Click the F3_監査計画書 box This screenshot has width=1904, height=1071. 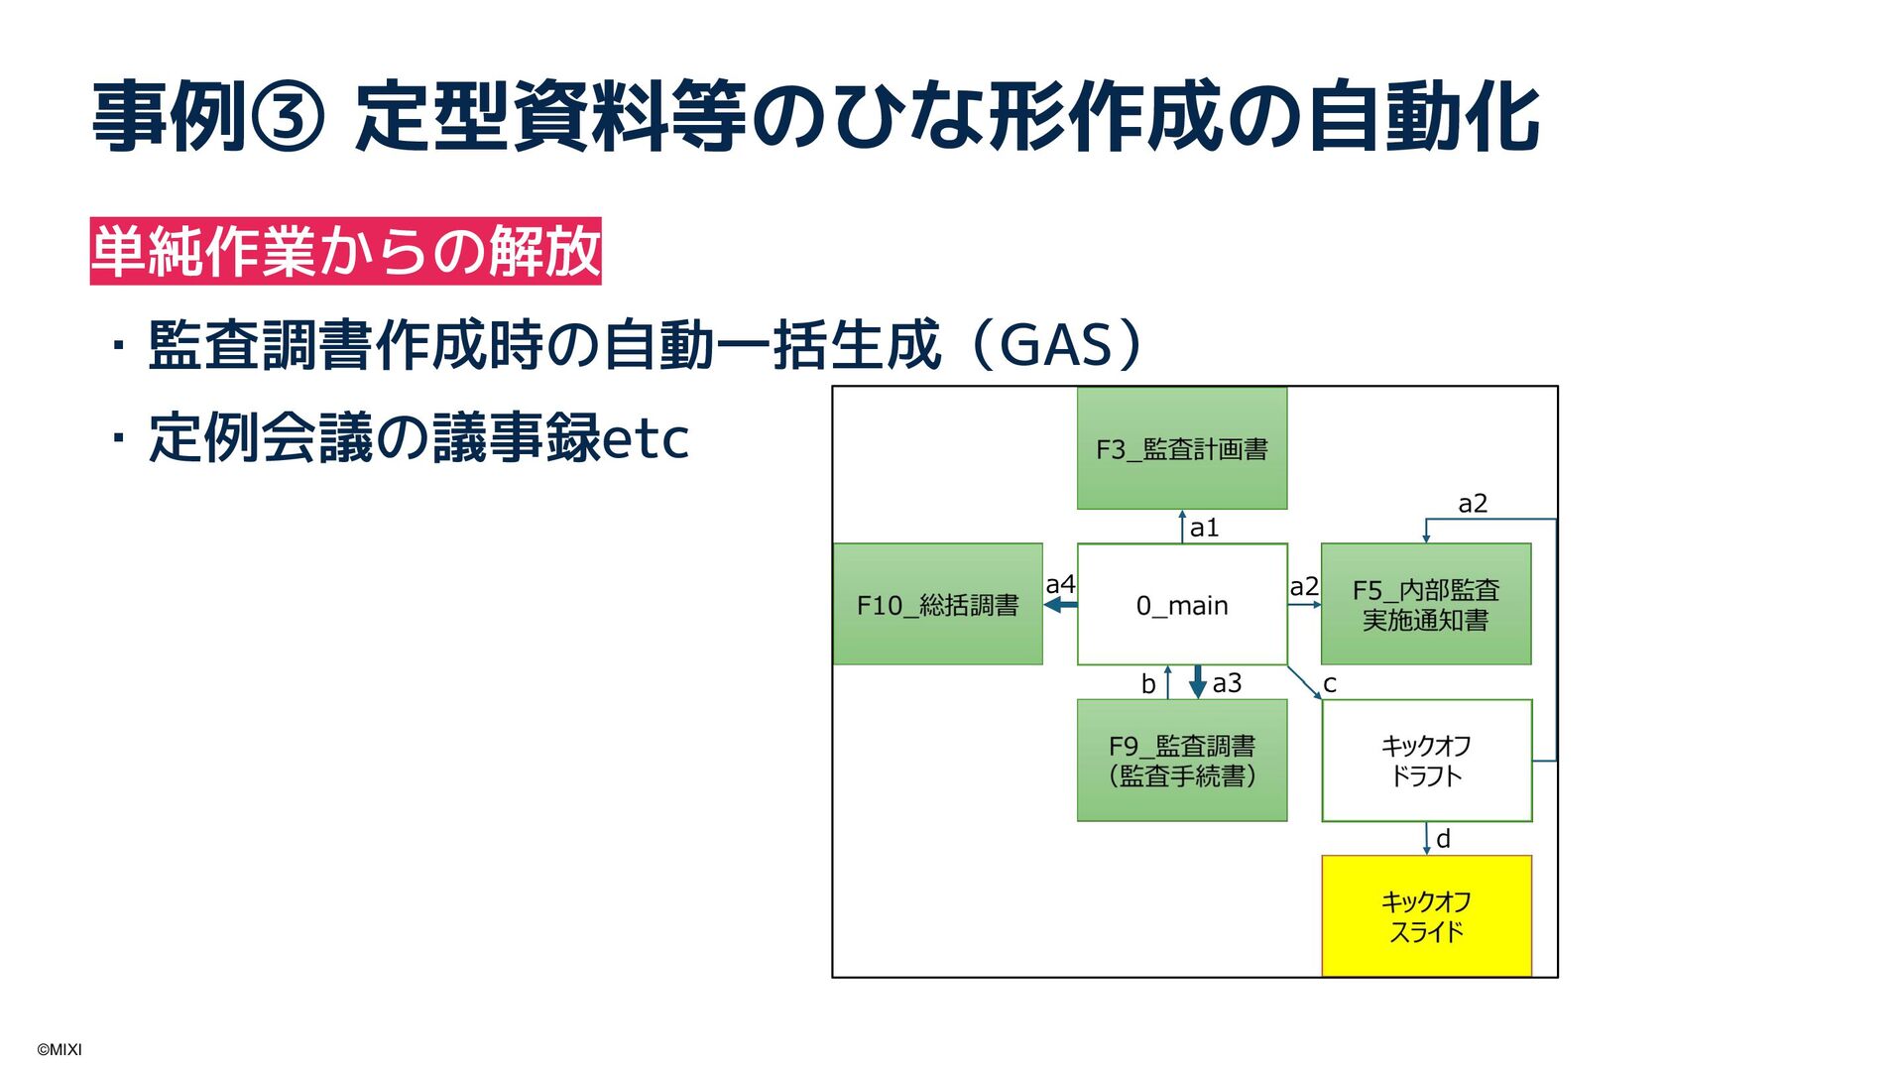[x=1182, y=448]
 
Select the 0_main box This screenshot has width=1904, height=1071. [x=1182, y=604]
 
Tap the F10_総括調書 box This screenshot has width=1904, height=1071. [x=938, y=604]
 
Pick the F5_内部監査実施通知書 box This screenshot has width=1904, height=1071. [x=1426, y=604]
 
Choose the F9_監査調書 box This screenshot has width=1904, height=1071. [x=1182, y=761]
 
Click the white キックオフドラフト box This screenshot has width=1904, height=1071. [x=1426, y=761]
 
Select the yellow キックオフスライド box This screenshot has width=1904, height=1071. [x=1426, y=916]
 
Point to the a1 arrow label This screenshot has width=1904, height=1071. [x=1204, y=528]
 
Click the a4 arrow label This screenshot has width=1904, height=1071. [x=1060, y=584]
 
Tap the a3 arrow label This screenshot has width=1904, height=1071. [x=1227, y=683]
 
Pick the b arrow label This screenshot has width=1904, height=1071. [x=1148, y=684]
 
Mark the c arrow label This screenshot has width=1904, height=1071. [x=1330, y=684]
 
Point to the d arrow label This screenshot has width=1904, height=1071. [x=1443, y=839]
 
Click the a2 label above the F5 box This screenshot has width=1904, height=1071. [x=1473, y=504]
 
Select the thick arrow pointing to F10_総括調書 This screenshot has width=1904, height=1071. [x=1061, y=605]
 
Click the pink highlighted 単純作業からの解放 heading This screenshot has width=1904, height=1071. [x=345, y=251]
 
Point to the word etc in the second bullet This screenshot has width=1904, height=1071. [x=646, y=439]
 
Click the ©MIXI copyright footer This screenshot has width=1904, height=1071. [x=59, y=1049]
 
